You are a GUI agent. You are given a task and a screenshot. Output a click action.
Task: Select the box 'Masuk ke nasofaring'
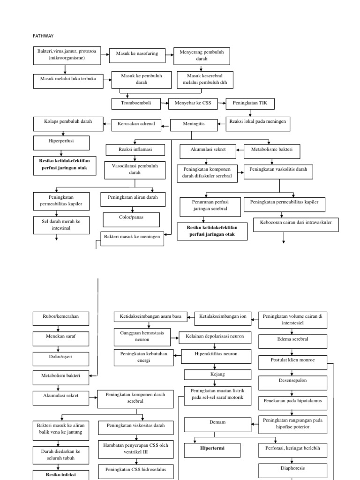(137, 53)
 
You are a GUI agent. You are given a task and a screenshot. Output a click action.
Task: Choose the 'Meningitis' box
(194, 125)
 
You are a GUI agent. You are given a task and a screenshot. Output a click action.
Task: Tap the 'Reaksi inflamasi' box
(135, 150)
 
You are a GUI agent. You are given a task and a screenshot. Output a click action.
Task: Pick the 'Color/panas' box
(131, 218)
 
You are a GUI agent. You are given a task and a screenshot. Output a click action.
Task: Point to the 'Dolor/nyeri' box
(59, 357)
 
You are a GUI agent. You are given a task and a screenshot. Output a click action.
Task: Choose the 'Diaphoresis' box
(292, 468)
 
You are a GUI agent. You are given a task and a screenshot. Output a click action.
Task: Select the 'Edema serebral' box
(292, 339)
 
